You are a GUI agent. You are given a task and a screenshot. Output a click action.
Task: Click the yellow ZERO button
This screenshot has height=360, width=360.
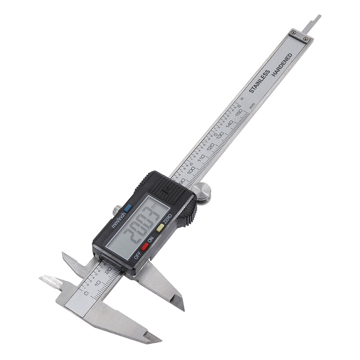[160, 228]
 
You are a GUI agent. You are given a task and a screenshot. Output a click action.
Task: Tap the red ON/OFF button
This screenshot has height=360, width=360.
[144, 246]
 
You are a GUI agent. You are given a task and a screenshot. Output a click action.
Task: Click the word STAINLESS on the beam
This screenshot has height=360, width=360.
[259, 81]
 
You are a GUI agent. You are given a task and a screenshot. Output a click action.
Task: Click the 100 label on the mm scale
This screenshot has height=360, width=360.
[191, 170]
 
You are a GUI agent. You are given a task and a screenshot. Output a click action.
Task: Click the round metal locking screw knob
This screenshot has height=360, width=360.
[203, 193]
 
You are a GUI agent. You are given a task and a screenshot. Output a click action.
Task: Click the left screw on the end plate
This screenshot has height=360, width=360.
[293, 32]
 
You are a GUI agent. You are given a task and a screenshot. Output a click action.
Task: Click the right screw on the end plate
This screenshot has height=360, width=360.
[306, 39]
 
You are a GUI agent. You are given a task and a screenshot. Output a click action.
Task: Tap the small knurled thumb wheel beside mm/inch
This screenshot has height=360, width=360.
[117, 210]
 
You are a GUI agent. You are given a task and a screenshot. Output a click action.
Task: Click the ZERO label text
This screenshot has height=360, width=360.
[167, 218]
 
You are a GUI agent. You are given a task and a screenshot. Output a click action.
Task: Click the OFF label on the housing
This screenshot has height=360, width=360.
[137, 255]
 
